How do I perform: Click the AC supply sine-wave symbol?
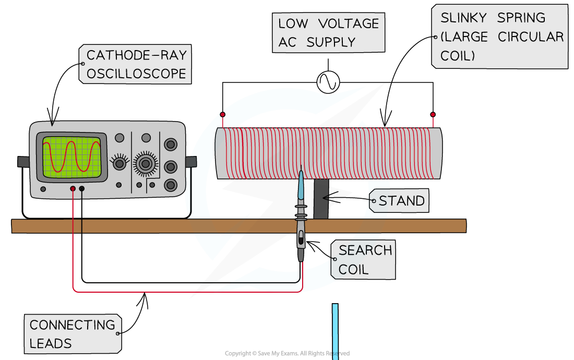pyautogui.click(x=328, y=82)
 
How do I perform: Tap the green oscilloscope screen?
pyautogui.click(x=71, y=155)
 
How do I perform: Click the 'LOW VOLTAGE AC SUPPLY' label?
pyautogui.click(x=328, y=32)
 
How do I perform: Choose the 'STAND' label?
pyautogui.click(x=401, y=200)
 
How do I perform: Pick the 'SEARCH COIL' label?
pyautogui.click(x=364, y=260)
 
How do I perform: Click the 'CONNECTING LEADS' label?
pyautogui.click(x=73, y=334)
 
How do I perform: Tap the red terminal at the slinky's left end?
pyautogui.click(x=223, y=114)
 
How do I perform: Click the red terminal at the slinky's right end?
pyautogui.click(x=433, y=114)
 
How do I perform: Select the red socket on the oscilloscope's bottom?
pyautogui.click(x=73, y=188)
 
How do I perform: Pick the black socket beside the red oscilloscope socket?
pyautogui.click(x=82, y=188)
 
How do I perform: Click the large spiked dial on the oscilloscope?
pyautogui.click(x=146, y=163)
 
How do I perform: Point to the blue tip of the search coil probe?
pyautogui.click(x=301, y=185)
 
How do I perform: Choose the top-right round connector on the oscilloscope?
pyautogui.click(x=170, y=145)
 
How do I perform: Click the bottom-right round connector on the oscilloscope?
pyautogui.click(x=170, y=185)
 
